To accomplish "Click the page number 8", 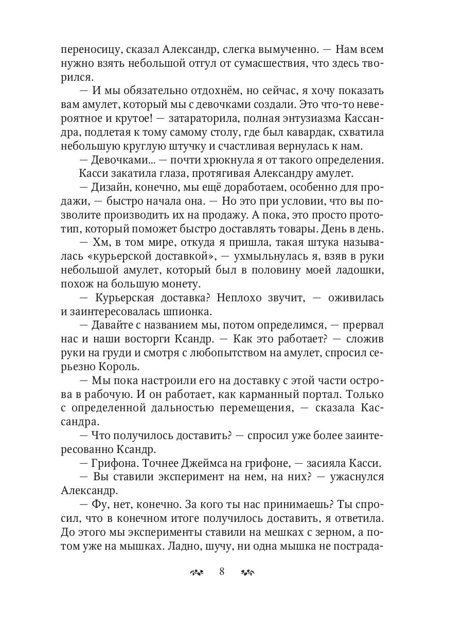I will pos(222,572).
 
